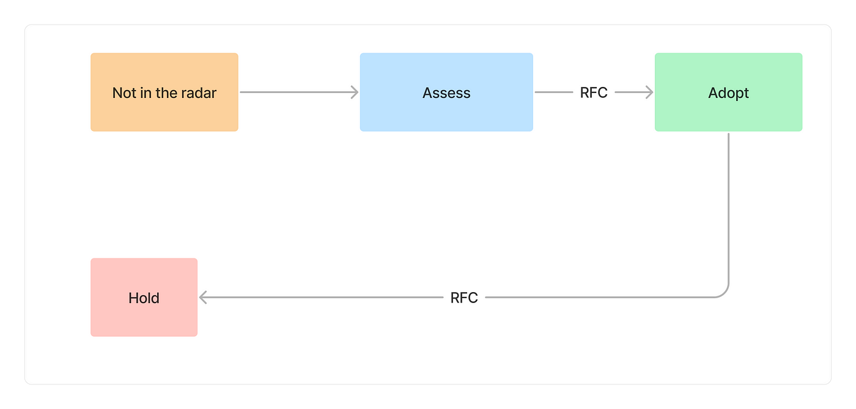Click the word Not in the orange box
coord(124,93)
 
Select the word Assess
coord(446,93)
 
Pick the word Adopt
coord(728,93)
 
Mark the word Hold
coord(144,298)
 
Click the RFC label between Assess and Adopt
coord(593,92)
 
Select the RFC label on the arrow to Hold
coord(464,298)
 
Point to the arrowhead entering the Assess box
coord(354,92)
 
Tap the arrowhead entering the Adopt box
coord(649,92)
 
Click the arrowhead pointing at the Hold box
coord(204,298)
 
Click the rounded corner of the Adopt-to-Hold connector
coord(724,293)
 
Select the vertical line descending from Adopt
coord(728,208)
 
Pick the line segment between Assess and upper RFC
coord(554,92)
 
